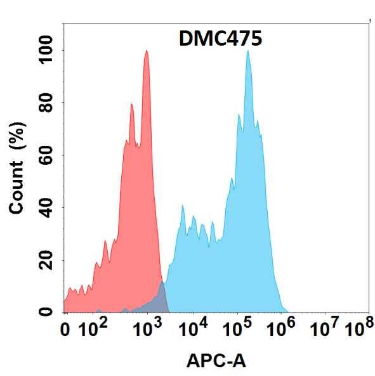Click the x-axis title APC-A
tap(216, 361)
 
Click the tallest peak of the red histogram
tap(147, 52)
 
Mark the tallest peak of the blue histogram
tap(247, 52)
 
